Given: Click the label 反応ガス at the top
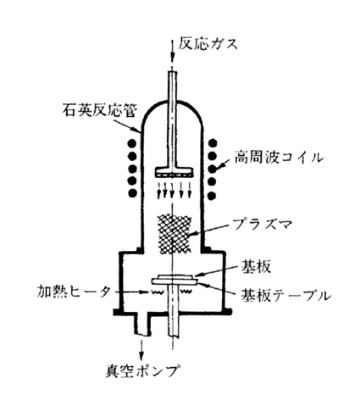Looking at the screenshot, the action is (x=208, y=45).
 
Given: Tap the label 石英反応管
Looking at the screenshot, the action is (x=99, y=110).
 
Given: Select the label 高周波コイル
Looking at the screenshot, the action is (x=279, y=158).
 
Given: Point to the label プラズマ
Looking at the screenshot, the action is (x=262, y=225).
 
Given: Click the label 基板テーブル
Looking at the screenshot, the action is (x=285, y=295).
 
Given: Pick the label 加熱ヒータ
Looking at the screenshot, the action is (x=74, y=292).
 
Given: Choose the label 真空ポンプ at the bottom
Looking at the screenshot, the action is (x=143, y=370).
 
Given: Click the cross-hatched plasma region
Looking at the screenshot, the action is (x=174, y=234).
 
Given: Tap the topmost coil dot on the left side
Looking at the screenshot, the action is (x=132, y=143).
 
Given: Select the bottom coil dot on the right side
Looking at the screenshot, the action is (x=212, y=195).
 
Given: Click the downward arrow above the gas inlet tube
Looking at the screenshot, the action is (x=172, y=53).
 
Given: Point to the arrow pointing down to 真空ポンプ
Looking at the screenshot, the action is (x=141, y=350).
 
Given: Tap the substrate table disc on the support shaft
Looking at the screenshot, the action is (x=174, y=281).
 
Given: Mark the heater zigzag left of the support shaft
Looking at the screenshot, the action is (x=158, y=292).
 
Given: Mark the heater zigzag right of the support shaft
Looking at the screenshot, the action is (x=186, y=292).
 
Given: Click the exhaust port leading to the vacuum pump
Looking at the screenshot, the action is (x=142, y=325).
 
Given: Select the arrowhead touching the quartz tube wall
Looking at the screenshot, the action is (x=136, y=130).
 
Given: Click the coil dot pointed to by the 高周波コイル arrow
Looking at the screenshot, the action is (x=213, y=170).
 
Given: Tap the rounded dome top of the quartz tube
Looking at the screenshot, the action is (x=172, y=103).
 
